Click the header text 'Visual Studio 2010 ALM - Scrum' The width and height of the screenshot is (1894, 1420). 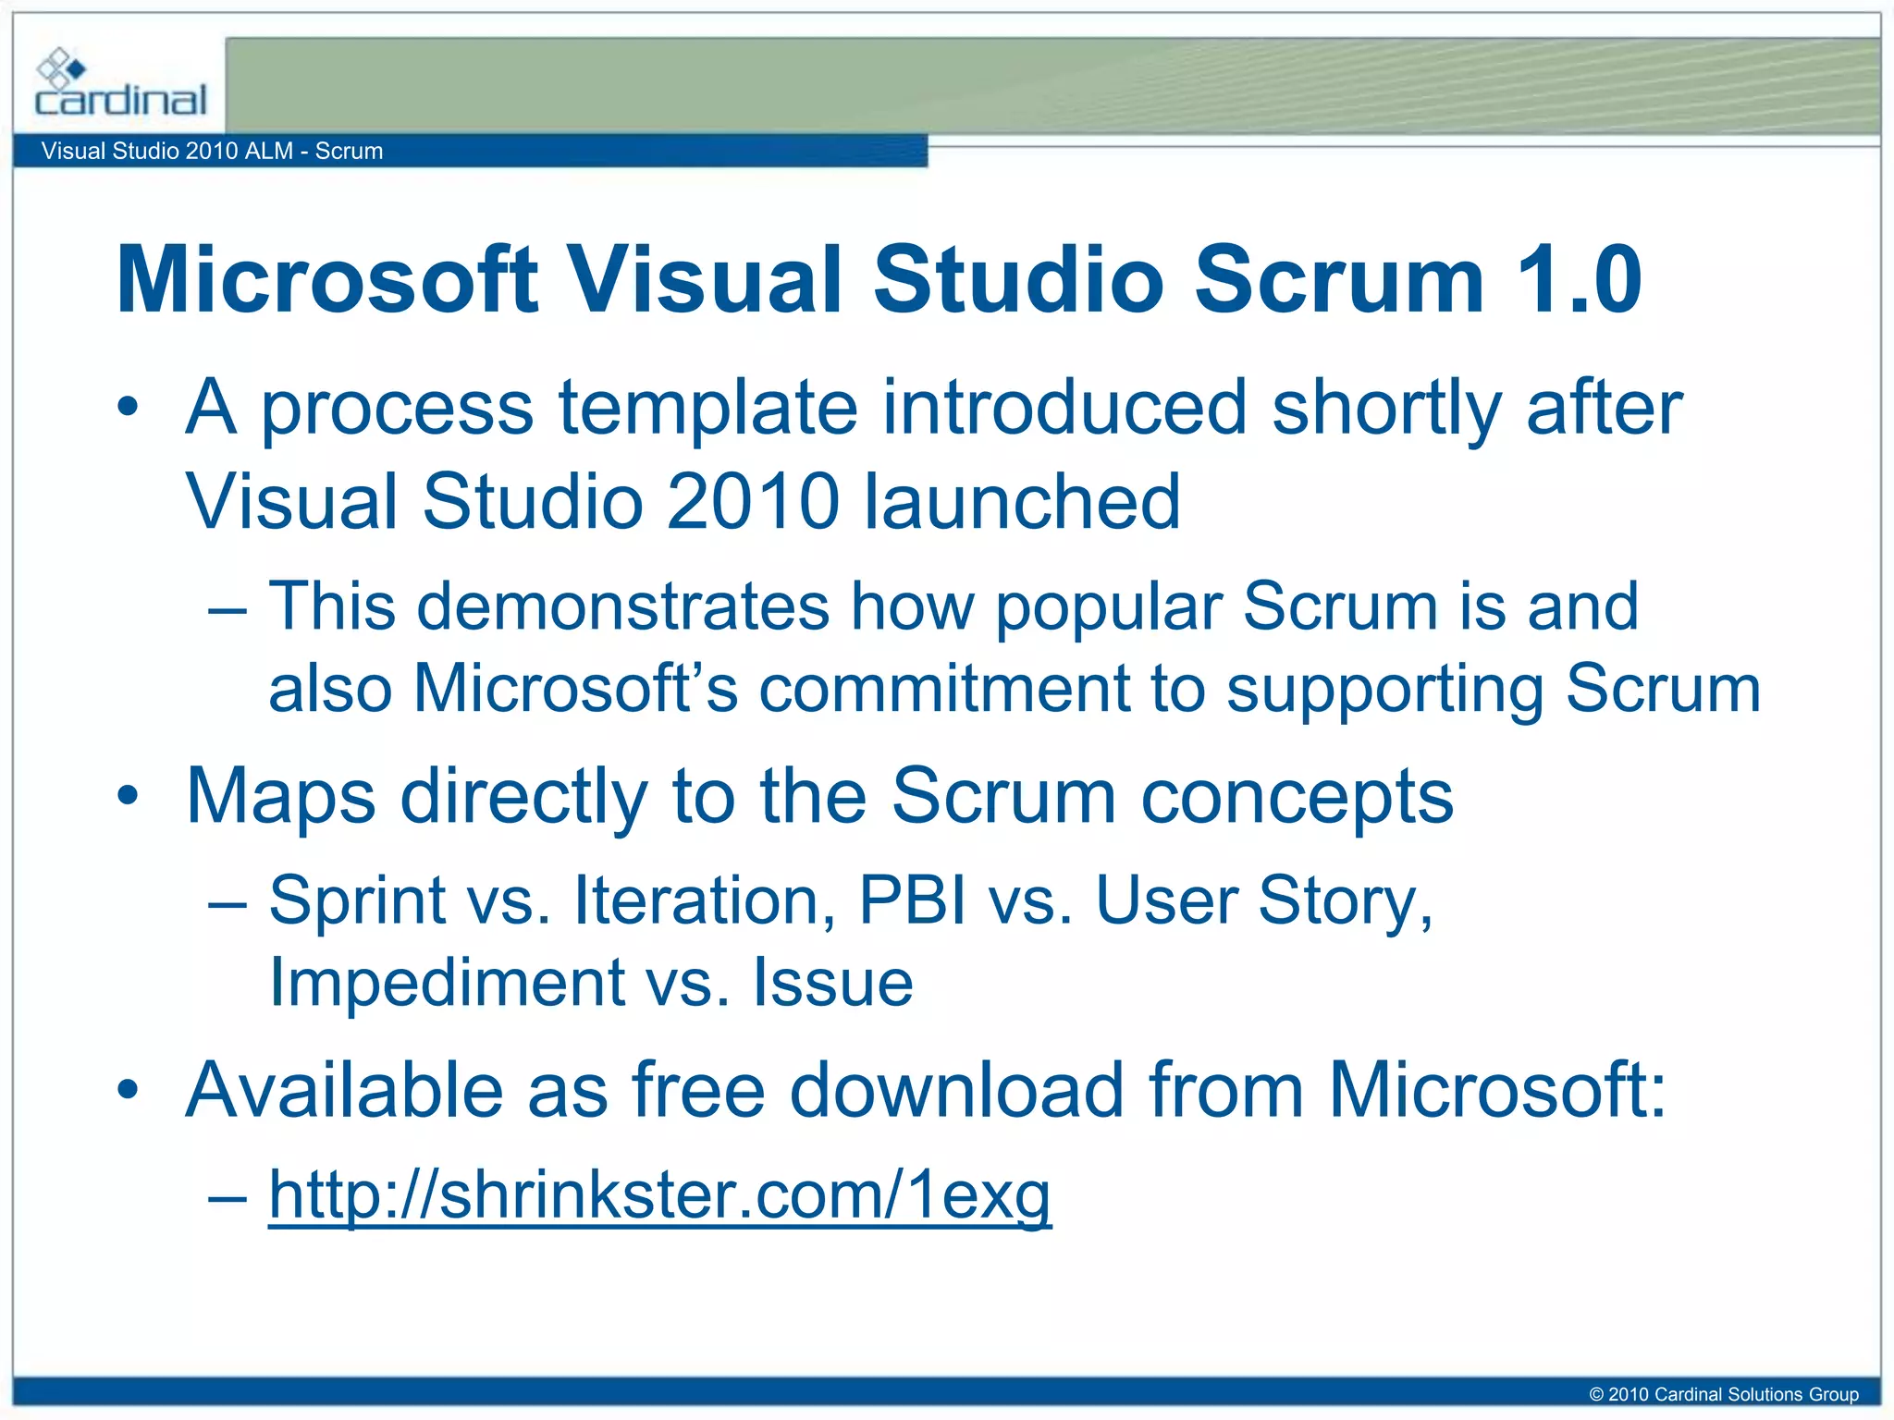212,151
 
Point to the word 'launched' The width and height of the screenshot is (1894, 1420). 1022,502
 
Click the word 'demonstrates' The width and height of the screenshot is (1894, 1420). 623,607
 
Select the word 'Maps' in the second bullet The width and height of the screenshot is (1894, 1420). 281,797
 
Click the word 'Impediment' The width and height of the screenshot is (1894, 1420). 447,982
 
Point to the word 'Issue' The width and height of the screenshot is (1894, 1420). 832,982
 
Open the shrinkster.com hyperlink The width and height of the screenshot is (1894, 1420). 659,1194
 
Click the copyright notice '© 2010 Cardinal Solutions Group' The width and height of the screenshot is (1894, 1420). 1723,1394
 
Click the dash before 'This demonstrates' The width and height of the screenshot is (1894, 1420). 228,610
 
